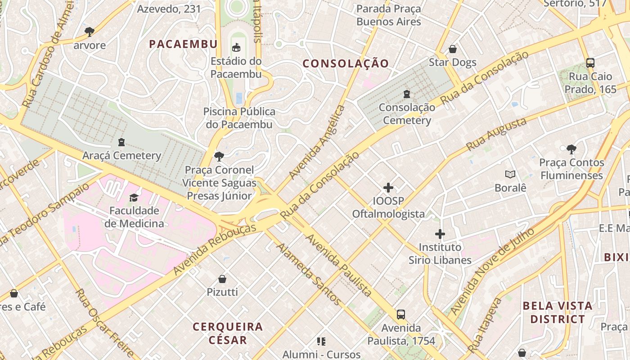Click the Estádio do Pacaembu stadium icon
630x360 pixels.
pyautogui.click(x=236, y=47)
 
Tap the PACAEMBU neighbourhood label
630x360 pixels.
pyautogui.click(x=183, y=44)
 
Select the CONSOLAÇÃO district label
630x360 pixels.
pyautogui.click(x=346, y=63)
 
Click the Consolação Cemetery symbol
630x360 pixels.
pyautogui.click(x=407, y=94)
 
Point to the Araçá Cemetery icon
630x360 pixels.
pyautogui.click(x=121, y=142)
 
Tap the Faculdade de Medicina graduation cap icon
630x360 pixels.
pyautogui.click(x=134, y=198)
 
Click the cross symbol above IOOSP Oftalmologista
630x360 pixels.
pyautogui.click(x=388, y=187)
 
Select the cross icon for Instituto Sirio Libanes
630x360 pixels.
pyautogui.click(x=440, y=234)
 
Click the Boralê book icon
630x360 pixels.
pyautogui.click(x=510, y=174)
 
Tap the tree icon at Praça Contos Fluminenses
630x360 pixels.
pyautogui.click(x=571, y=149)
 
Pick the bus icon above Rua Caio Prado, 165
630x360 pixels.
pyautogui.click(x=590, y=63)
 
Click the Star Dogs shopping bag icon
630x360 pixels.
pyautogui.click(x=453, y=49)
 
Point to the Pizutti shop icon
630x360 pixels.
pyautogui.click(x=222, y=279)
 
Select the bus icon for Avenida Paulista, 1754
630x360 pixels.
pyautogui.click(x=400, y=315)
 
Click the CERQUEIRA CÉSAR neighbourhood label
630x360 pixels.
pyautogui.click(x=228, y=333)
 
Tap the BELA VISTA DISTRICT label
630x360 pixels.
pyautogui.click(x=558, y=312)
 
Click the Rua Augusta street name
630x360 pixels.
pyautogui.click(x=496, y=134)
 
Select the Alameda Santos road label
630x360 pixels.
pyautogui.click(x=309, y=273)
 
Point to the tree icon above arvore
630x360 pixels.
pyautogui.click(x=90, y=32)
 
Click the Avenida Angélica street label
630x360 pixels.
pyautogui.click(x=317, y=142)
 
